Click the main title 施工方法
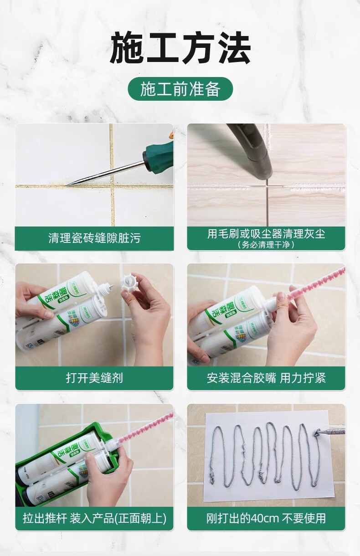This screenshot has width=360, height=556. (x=180, y=47)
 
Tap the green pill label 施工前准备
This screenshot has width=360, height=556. (x=180, y=89)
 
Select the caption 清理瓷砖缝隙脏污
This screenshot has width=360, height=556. (x=94, y=238)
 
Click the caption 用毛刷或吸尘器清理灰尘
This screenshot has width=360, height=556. (x=266, y=234)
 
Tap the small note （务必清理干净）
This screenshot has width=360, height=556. (x=266, y=245)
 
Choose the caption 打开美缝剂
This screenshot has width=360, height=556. (x=94, y=378)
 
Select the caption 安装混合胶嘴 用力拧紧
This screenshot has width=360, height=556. (x=266, y=378)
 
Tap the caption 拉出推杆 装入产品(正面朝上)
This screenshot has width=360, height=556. (x=94, y=518)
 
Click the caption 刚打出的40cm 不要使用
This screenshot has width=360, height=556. (x=266, y=518)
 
